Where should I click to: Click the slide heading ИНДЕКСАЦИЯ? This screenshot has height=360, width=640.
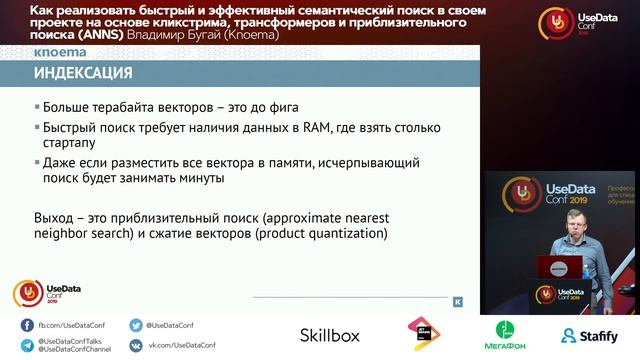pos(83,74)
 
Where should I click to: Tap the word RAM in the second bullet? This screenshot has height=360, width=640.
pos(323,128)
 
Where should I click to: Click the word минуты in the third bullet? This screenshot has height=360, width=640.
pos(197,178)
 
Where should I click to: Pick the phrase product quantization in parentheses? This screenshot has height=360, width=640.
pos(317,233)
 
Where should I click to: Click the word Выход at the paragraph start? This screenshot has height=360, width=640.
pos(54,217)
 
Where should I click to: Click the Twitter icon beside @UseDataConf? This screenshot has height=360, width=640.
pos(136,325)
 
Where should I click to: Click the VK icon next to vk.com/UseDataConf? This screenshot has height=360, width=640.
pos(136,345)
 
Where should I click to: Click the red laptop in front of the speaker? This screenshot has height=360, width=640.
pos(559,267)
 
